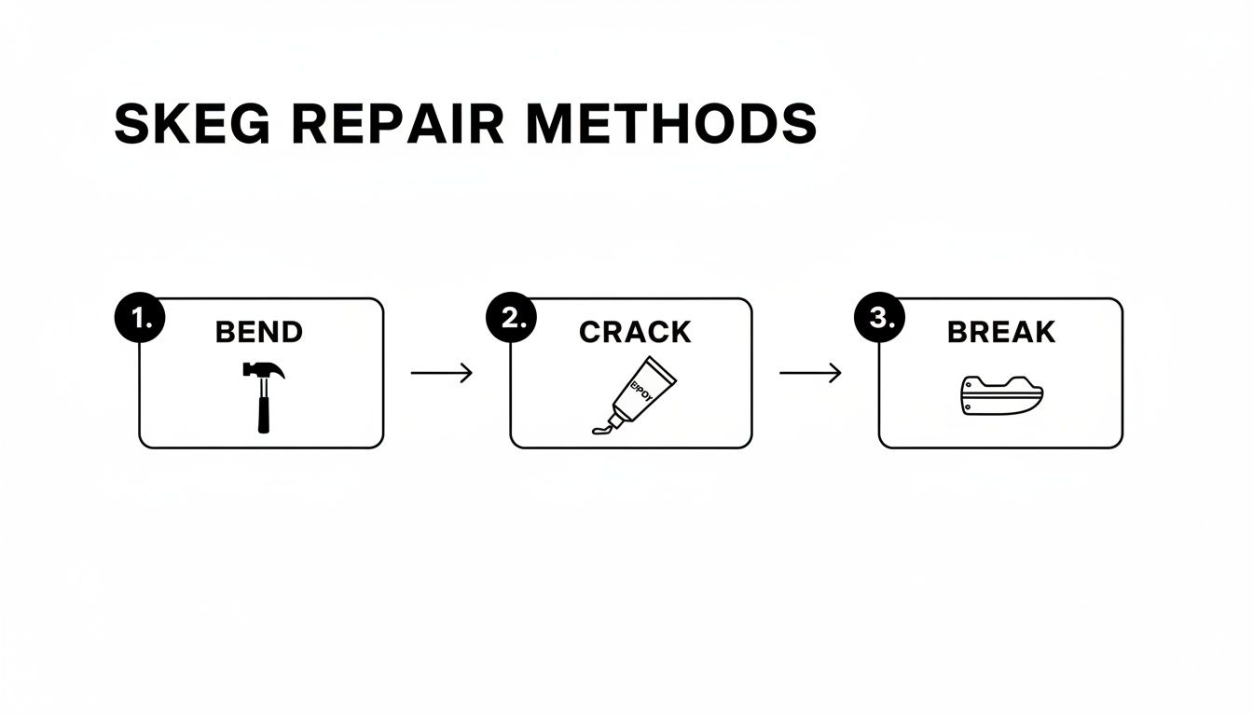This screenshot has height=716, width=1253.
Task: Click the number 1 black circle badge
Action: tap(139, 319)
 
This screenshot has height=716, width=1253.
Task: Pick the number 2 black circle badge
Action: tap(511, 319)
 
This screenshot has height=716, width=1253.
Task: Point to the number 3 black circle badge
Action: tap(879, 319)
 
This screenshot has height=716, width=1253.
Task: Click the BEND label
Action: tap(258, 332)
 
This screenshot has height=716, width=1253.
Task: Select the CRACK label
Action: tap(634, 332)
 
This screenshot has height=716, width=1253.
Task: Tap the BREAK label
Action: tap(1000, 332)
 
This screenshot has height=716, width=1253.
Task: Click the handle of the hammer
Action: tap(264, 410)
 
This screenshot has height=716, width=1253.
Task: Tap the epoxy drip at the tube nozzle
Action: tap(601, 428)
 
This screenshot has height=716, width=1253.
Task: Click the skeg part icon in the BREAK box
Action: tap(1000, 394)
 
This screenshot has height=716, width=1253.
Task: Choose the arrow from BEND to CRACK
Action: tap(442, 374)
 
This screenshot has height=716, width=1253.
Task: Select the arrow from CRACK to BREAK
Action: tap(810, 374)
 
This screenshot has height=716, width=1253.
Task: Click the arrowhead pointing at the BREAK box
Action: tap(836, 374)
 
